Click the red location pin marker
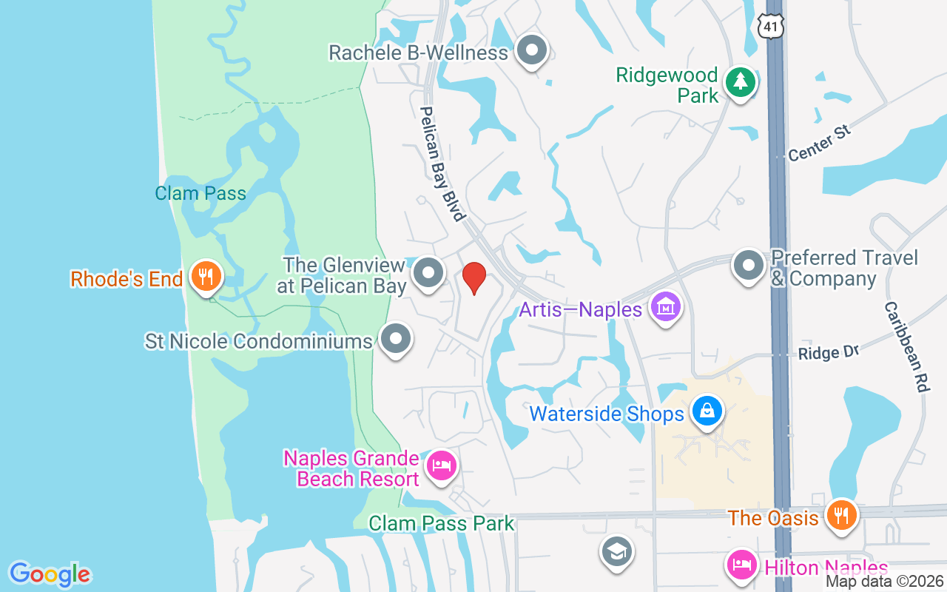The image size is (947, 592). pos(473,278)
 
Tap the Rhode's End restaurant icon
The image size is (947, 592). pos(202,277)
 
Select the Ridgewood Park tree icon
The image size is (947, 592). pos(739,82)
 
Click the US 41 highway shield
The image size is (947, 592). pos(770,25)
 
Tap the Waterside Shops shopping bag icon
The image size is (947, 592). pos(707,411)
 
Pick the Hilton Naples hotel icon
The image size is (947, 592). pos(742,566)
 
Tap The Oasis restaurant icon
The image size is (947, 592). pos(840,515)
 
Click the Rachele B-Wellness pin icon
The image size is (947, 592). pos(531,51)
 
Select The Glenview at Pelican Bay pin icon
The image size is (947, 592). pos(428,273)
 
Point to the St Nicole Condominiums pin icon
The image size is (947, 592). pos(396,339)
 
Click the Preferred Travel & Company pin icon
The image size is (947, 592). pos(749,265)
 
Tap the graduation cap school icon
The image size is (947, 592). pos(616,552)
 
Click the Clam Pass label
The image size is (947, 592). pos(200,194)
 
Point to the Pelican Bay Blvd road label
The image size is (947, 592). pos(442,163)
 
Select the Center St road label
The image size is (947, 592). pos(820,144)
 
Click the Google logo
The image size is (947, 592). pos(50,573)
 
